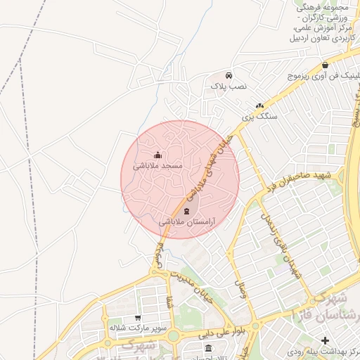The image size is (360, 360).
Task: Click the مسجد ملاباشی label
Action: tap(162, 166)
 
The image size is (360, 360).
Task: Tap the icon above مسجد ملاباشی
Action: tap(157, 155)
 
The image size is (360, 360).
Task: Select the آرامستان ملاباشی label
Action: tap(187, 221)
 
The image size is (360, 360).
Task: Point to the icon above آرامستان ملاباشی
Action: tap(186, 211)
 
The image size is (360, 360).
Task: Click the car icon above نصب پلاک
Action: tap(229, 75)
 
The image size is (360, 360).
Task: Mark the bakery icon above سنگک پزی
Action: tap(259, 105)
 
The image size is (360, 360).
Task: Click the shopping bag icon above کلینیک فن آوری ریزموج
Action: tap(324, 65)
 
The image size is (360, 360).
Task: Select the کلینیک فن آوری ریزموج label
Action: tap(325, 75)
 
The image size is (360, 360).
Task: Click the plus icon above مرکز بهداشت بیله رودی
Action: tap(326, 340)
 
